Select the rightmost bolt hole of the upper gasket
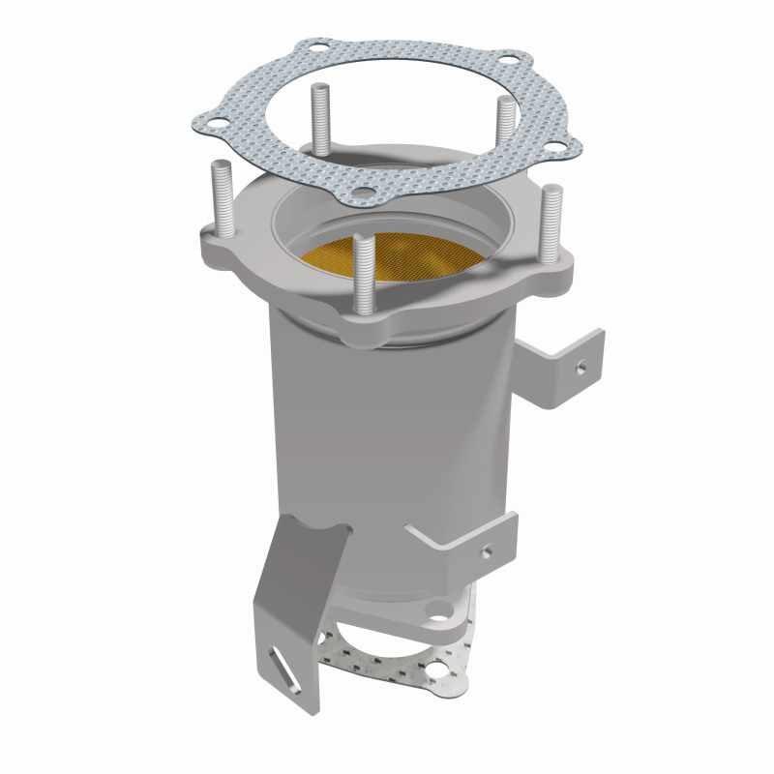click(558, 149)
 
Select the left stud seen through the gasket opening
click(316, 116)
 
